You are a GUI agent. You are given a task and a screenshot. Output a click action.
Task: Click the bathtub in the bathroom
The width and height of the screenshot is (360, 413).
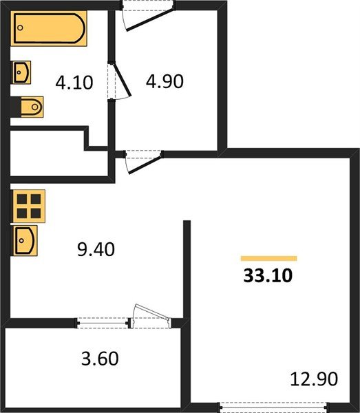pyautogui.click(x=49, y=28)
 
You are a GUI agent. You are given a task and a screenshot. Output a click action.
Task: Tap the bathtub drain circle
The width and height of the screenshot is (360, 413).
pyautogui.click(x=20, y=28)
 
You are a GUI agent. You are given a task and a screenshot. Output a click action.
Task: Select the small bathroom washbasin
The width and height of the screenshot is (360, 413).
pyautogui.click(x=21, y=72)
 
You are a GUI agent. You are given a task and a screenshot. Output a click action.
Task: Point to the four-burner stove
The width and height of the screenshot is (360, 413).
pyautogui.click(x=28, y=206)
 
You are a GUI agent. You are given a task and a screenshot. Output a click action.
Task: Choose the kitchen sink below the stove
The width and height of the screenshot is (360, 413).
pyautogui.click(x=24, y=240)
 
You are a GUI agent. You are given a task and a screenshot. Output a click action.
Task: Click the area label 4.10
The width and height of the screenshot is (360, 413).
pyautogui.click(x=74, y=83)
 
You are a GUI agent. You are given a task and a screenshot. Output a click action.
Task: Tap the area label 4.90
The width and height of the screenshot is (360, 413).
pyautogui.click(x=165, y=81)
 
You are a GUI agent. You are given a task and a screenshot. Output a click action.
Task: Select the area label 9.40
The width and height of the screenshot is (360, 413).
pyautogui.click(x=96, y=249)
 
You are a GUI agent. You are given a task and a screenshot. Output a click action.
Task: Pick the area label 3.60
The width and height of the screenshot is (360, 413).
pyautogui.click(x=100, y=359)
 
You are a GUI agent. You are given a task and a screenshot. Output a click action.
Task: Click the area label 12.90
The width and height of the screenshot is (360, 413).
pyautogui.click(x=314, y=379)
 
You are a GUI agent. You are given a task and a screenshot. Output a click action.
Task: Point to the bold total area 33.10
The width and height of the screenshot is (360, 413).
pyautogui.click(x=268, y=276)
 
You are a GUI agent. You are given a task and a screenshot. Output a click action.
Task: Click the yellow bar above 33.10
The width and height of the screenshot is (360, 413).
pyautogui.click(x=269, y=258)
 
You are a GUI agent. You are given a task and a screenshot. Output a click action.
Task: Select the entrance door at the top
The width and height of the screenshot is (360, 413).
pyautogui.click(x=148, y=16)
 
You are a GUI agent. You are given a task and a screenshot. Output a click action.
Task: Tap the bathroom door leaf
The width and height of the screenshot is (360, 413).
pyautogui.click(x=123, y=79)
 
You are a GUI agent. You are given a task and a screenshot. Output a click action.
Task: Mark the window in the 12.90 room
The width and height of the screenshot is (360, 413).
pyautogui.click(x=273, y=407)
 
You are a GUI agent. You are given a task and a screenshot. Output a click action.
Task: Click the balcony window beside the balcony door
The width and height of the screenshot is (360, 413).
pyautogui.click(x=103, y=323)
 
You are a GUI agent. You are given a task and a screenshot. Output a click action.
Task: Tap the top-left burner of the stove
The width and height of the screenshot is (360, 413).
pyautogui.click(x=22, y=199)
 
